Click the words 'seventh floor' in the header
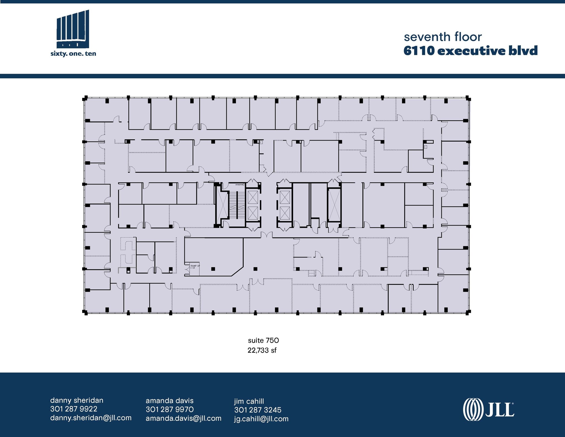tap(443, 37)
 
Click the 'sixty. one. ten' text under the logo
tap(73, 54)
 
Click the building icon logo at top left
tap(73, 29)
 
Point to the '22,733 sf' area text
tap(262, 350)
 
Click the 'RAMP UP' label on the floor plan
tap(195, 266)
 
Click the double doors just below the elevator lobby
tap(266, 235)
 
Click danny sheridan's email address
tap(91, 418)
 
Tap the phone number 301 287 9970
tap(169, 409)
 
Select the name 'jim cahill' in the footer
tap(249, 401)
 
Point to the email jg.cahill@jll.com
tap(261, 419)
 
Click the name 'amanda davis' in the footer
tap(169, 401)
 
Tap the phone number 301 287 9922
tap(74, 409)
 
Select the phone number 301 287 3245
tap(258, 410)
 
